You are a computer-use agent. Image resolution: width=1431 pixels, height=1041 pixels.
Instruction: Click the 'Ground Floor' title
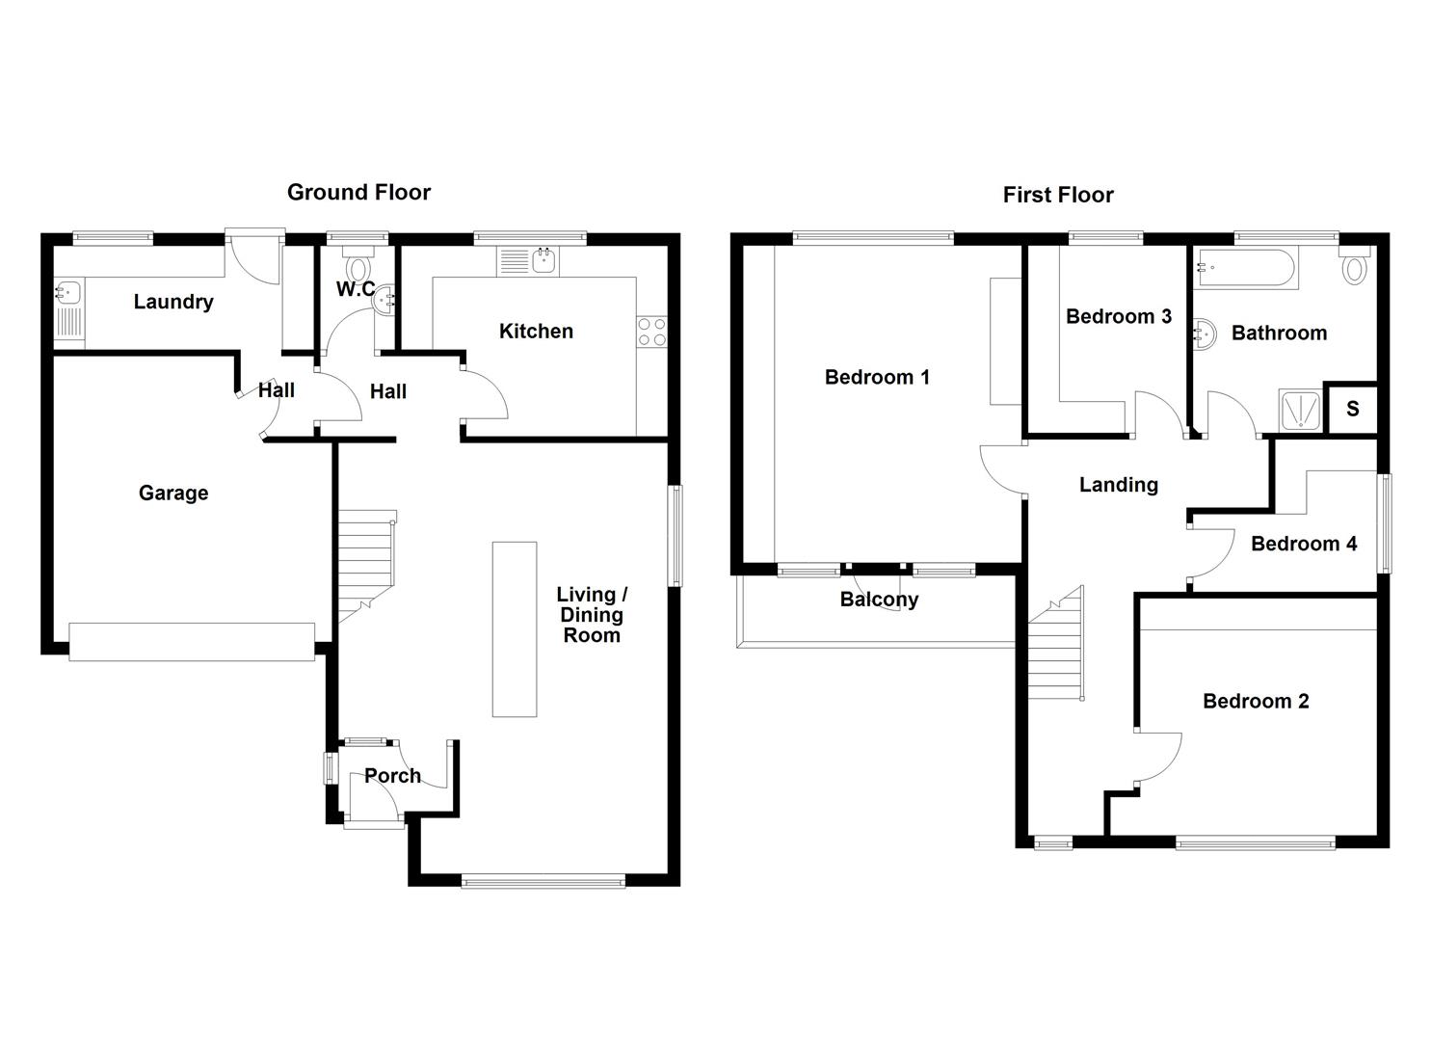(358, 193)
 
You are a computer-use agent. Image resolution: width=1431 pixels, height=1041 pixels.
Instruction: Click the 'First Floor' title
(1057, 196)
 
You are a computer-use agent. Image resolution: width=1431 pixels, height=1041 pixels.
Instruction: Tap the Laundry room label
(173, 302)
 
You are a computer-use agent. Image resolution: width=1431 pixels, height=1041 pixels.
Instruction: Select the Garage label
(173, 494)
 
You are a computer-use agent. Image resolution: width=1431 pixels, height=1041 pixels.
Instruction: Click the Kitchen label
(536, 332)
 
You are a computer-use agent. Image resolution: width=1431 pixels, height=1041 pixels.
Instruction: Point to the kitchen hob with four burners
(651, 332)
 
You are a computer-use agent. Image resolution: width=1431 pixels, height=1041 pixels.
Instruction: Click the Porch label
(392, 776)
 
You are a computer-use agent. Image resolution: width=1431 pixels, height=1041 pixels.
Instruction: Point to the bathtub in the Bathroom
(1244, 269)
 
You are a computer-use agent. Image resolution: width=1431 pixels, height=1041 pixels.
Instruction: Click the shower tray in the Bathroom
(1299, 411)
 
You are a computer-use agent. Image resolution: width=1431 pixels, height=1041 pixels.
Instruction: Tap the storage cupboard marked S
(1352, 409)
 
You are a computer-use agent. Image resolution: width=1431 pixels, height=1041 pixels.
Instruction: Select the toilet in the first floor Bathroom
(1354, 265)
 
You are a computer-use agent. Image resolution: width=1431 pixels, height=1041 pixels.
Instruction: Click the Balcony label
(879, 600)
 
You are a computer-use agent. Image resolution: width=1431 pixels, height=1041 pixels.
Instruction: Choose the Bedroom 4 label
(1303, 545)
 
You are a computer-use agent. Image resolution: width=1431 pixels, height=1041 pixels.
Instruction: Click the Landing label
(1118, 485)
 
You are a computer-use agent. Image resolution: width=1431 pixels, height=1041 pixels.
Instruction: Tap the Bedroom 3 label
(1118, 317)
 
